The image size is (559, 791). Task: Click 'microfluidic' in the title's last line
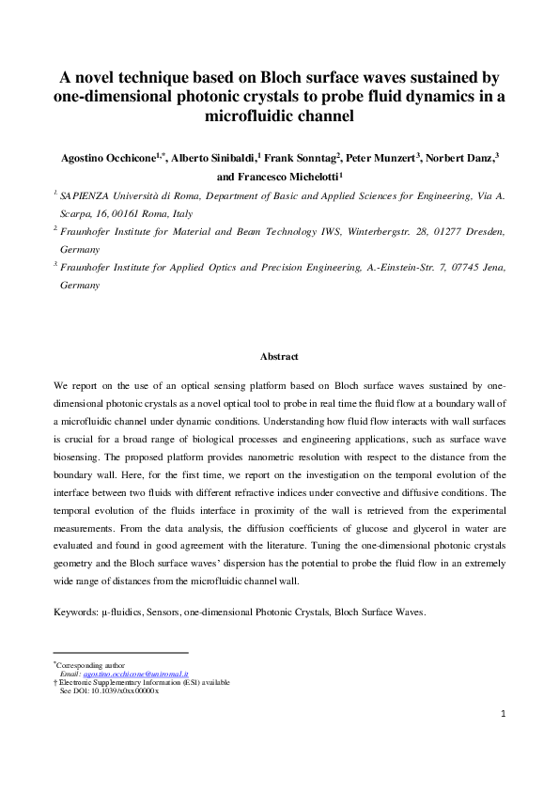[x=278, y=117]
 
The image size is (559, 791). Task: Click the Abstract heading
[x=279, y=357]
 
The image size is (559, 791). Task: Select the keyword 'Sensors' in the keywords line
[x=168, y=612]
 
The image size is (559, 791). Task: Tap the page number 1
[x=503, y=714]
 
